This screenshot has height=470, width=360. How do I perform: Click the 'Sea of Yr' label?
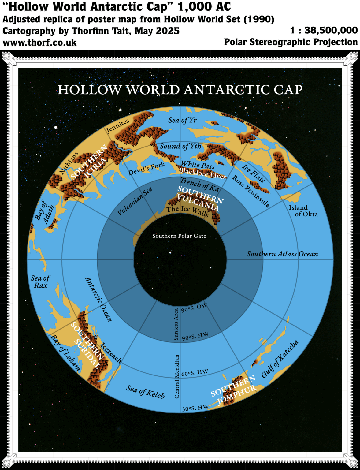tap(182, 120)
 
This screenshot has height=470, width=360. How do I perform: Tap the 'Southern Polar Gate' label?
tap(179, 236)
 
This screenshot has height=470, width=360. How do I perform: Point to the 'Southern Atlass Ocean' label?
tap(282, 254)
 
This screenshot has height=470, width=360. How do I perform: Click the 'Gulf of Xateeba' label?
tap(280, 359)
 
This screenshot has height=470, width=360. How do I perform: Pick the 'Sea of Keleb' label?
tap(146, 392)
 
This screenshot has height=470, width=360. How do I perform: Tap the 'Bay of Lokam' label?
tap(65, 353)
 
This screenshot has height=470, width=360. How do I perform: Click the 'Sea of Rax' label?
tap(40, 282)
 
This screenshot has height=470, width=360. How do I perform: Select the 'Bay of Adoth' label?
tap(45, 212)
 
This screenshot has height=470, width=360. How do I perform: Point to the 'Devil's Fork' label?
tap(147, 169)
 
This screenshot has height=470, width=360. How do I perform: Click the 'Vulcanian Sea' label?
tap(135, 201)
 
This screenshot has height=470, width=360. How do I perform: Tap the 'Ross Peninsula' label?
tap(251, 191)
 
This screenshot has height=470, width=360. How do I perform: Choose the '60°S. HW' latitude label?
tap(195, 373)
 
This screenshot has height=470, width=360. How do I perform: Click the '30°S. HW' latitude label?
tap(195, 408)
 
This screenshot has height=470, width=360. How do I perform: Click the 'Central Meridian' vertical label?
tap(177, 377)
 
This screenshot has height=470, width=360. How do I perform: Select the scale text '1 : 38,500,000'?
tap(324, 30)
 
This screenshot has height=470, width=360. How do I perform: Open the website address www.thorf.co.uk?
tap(39, 43)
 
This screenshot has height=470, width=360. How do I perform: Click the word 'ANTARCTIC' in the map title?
tap(227, 90)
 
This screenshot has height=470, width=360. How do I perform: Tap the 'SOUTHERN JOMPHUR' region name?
tap(233, 390)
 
